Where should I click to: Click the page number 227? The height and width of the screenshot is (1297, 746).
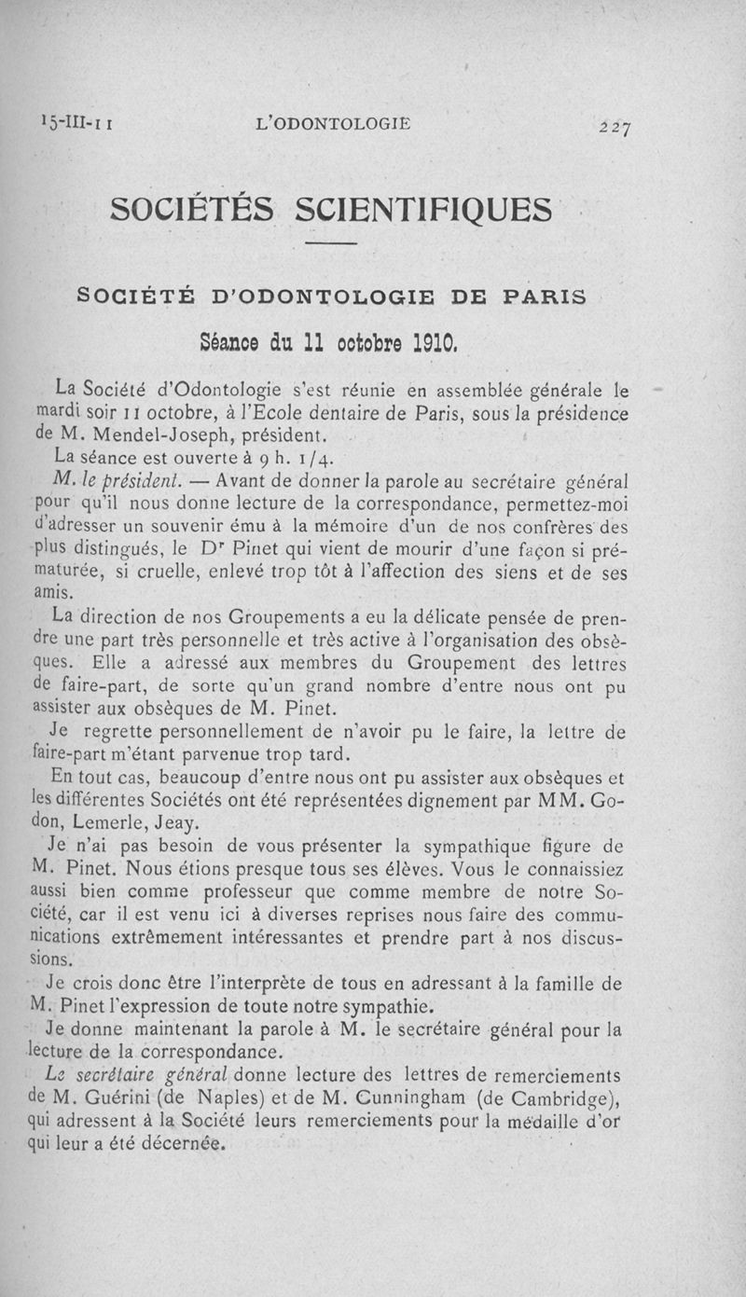click(617, 128)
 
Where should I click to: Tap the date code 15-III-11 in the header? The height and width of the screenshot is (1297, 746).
click(77, 122)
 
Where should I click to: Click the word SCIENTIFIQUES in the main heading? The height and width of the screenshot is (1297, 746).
click(422, 208)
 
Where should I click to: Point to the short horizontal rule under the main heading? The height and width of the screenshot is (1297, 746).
click(332, 244)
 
